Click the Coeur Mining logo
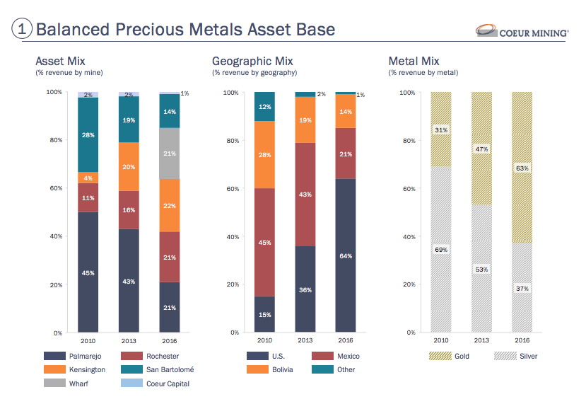[522, 32]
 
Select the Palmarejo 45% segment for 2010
[88, 272]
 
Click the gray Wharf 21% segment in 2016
[169, 154]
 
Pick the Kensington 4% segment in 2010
[88, 178]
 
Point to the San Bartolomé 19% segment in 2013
[129, 120]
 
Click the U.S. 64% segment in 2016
[346, 255]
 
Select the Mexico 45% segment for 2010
[265, 242]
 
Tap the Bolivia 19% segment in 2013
[305, 120]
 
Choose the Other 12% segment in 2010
[265, 107]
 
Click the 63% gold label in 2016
[522, 168]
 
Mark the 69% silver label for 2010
[442, 250]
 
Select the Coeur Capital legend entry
[168, 383]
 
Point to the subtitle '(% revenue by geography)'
[254, 73]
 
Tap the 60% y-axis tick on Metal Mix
[407, 189]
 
